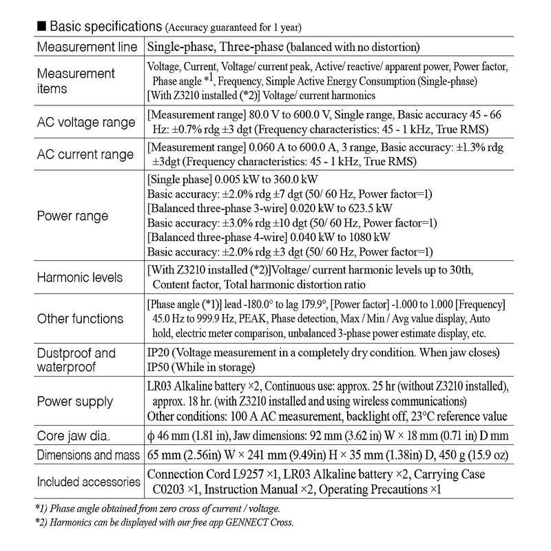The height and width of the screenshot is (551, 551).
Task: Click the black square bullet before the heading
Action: click(41, 26)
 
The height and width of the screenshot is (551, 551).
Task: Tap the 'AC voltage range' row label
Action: click(85, 123)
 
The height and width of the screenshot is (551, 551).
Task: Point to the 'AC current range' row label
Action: click(85, 154)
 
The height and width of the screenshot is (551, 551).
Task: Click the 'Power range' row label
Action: click(72, 216)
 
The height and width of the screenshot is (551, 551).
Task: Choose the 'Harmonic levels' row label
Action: click(79, 277)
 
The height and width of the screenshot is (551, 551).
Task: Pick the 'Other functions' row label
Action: click(80, 319)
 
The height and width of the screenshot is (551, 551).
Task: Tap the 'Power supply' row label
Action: click(74, 402)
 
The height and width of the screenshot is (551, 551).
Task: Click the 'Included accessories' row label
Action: click(86, 481)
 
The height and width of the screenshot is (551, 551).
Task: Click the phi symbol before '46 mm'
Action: click(152, 437)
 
